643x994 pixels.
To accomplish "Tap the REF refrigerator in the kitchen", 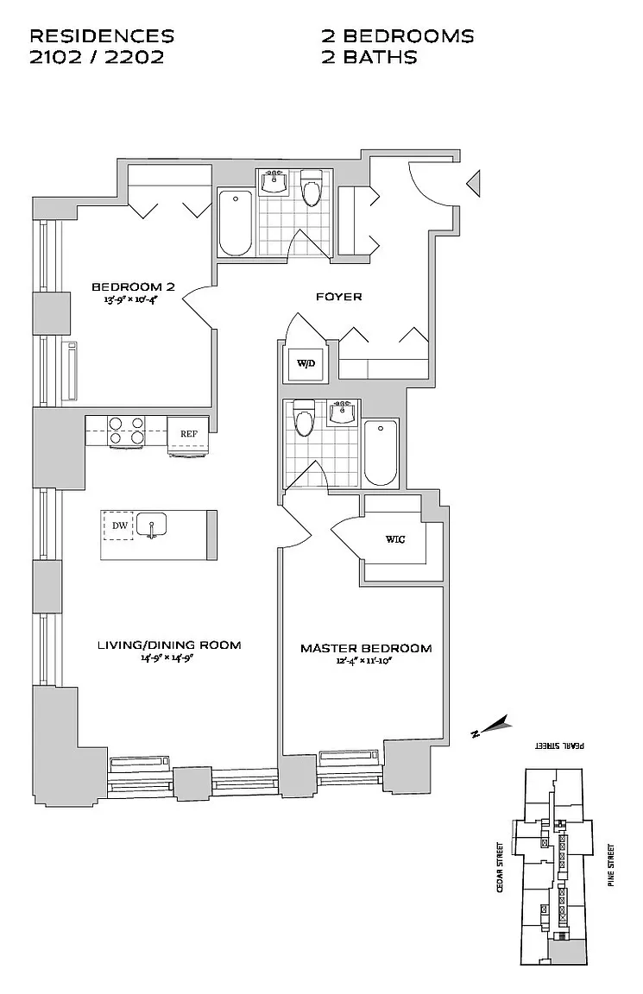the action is point(188,434).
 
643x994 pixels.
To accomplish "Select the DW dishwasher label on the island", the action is point(119,525).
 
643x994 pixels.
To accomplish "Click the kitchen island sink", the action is point(153,525).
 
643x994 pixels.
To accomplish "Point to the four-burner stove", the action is point(127,431).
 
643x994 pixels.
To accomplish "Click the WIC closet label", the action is point(394,539).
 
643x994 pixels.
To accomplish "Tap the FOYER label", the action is point(338,297).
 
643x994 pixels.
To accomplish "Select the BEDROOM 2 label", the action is point(133,286).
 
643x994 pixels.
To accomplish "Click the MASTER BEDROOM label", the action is point(366,648).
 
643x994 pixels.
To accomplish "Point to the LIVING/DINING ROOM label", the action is point(168,645).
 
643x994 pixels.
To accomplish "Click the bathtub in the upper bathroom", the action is point(235,223).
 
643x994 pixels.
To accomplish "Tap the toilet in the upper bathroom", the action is point(311,187).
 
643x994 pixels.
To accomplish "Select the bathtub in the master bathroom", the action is point(381,453).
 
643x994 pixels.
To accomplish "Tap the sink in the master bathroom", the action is point(343,412).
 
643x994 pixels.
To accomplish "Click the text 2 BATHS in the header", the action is point(369,57).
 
